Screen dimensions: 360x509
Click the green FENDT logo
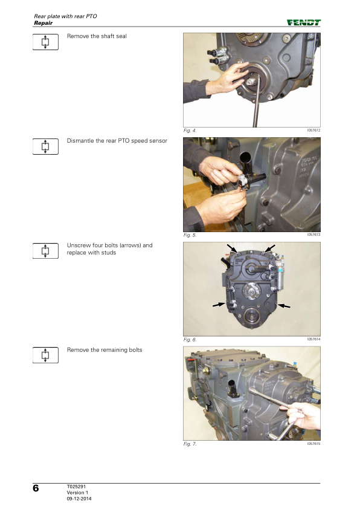tap(304, 22)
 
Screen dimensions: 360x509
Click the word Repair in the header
tap(43, 23)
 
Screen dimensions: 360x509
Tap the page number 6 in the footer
tap(36, 488)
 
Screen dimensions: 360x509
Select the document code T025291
tap(76, 486)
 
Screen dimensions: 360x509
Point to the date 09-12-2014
tap(79, 499)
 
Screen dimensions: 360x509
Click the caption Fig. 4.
tap(190, 131)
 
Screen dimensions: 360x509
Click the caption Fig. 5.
tap(190, 235)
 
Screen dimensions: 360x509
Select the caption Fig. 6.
tap(190, 340)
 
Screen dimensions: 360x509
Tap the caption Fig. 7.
tap(190, 444)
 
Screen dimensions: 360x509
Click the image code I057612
tap(313, 130)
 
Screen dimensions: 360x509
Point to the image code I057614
tap(313, 339)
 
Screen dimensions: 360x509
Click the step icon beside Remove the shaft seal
tap(45, 42)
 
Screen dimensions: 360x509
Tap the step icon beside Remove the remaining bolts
tap(45, 355)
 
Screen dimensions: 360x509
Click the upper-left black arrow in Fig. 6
tap(232, 248)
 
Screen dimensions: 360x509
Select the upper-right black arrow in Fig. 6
tap(270, 248)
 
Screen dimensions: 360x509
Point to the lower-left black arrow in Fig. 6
tap(219, 305)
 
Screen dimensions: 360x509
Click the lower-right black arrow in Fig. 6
tap(284, 305)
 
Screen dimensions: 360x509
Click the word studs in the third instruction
tap(108, 253)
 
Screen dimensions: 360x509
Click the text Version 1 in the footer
tap(77, 493)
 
